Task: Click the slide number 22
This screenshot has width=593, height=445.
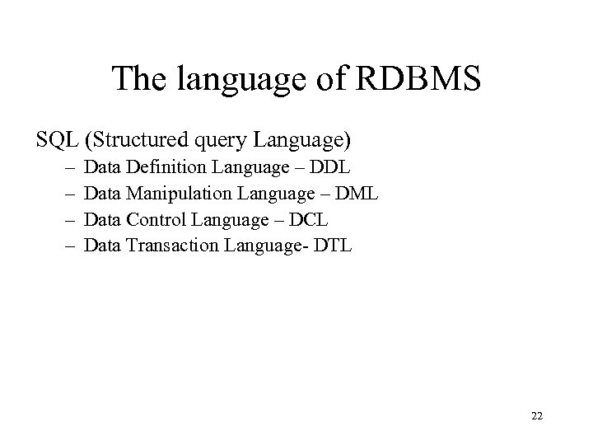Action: click(537, 416)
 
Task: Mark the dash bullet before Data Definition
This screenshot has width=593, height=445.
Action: click(67, 169)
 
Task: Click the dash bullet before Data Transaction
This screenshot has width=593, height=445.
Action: click(67, 245)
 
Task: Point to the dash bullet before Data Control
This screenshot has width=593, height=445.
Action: click(67, 220)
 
